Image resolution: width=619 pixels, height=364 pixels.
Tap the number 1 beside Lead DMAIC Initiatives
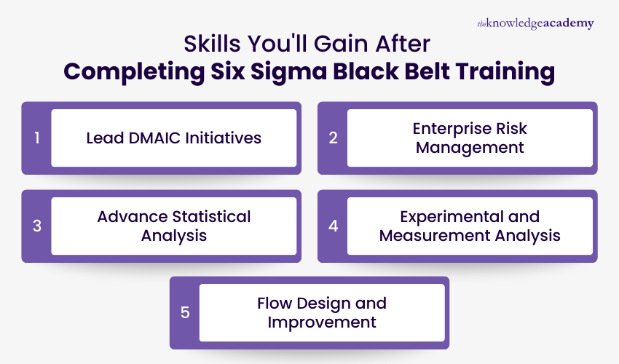[36, 138]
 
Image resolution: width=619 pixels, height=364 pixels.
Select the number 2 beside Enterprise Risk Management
[333, 138]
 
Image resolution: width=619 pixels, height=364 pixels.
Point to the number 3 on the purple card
[36, 226]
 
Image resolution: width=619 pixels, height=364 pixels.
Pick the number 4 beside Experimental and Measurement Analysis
[333, 226]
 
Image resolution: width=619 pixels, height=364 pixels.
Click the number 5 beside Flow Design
[185, 312]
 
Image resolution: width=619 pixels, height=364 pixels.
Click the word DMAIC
[161, 138]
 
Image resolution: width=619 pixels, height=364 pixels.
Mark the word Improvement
[322, 322]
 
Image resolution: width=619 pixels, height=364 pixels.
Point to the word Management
[470, 147]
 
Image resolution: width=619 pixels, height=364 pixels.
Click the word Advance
[128, 216]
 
